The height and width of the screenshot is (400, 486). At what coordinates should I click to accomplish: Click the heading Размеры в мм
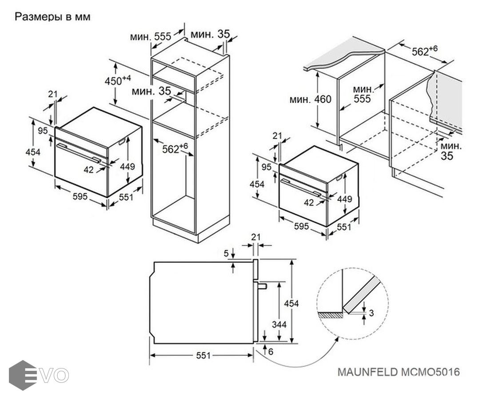tap(53, 17)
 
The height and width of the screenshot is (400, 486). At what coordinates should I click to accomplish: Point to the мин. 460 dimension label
tap(310, 99)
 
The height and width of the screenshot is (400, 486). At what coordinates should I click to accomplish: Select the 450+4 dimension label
tap(117, 80)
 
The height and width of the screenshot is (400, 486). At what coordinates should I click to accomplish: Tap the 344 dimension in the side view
tap(279, 324)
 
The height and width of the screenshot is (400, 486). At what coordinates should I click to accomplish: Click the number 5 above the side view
tap(226, 253)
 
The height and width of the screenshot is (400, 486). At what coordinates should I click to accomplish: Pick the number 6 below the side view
tap(271, 351)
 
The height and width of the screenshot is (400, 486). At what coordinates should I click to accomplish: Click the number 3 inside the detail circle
tap(371, 312)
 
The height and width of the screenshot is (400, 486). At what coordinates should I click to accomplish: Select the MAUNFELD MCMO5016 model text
tap(398, 372)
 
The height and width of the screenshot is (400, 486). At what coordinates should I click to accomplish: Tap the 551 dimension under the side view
tap(202, 356)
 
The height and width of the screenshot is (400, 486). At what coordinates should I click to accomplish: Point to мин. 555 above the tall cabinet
tap(151, 36)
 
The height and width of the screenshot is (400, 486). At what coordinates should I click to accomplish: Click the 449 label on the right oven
tap(344, 199)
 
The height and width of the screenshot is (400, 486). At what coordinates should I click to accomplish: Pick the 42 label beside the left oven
tap(89, 169)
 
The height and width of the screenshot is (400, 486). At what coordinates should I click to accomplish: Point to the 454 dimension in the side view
tap(291, 303)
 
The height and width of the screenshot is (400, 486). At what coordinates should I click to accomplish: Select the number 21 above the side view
tap(255, 237)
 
